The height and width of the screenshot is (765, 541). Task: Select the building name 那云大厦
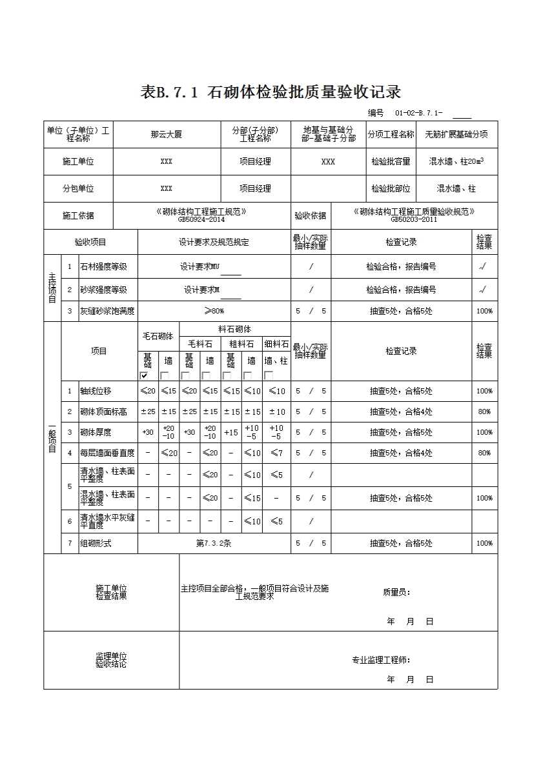pyautogui.click(x=167, y=135)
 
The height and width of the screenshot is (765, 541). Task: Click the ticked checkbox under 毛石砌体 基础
pyautogui.click(x=144, y=375)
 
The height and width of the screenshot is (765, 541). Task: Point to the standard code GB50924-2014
pyautogui.click(x=201, y=219)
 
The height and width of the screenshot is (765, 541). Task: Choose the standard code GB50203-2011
pyautogui.click(x=414, y=219)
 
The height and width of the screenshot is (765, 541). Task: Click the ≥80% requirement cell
pyautogui.click(x=214, y=311)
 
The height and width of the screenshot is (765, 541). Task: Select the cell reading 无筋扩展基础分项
pyautogui.click(x=456, y=135)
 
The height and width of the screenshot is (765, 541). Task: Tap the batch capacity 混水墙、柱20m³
pyautogui.click(x=456, y=162)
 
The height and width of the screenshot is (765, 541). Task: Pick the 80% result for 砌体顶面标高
pyautogui.click(x=484, y=412)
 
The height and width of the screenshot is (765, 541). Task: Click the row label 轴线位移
pyautogui.click(x=96, y=391)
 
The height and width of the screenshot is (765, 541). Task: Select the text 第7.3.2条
pyautogui.click(x=214, y=543)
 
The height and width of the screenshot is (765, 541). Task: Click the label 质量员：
pyautogui.click(x=396, y=592)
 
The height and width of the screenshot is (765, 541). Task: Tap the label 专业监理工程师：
pyautogui.click(x=381, y=660)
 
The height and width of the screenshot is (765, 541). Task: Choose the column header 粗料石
pyautogui.click(x=241, y=344)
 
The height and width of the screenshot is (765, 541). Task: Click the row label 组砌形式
pyautogui.click(x=96, y=543)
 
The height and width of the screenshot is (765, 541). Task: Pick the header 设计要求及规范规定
pyautogui.click(x=214, y=243)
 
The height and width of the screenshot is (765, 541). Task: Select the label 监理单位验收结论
pyautogui.click(x=111, y=660)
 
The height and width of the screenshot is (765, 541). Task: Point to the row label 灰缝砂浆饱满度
pyautogui.click(x=107, y=311)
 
